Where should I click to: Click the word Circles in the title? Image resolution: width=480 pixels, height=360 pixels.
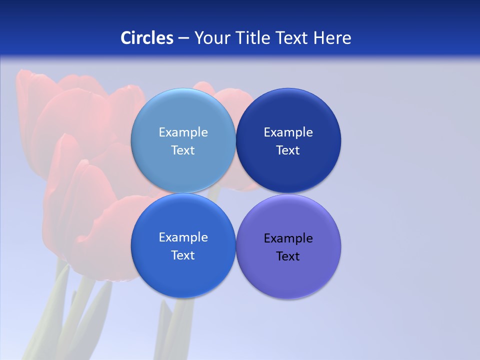pos(147,38)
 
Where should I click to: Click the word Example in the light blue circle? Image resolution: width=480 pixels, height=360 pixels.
pos(183,132)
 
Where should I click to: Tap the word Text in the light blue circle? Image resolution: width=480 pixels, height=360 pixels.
pos(183,150)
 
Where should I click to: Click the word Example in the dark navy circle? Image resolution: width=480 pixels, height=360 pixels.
pos(288,132)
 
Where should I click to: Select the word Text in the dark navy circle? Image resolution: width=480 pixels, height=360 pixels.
pos(288,150)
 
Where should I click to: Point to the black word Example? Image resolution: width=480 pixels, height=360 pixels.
pos(288,238)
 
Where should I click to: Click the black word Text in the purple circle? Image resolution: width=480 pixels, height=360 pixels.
pos(288,256)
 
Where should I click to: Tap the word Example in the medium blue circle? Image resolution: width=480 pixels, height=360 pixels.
pos(183,237)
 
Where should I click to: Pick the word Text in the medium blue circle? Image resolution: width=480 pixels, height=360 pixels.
pos(183,255)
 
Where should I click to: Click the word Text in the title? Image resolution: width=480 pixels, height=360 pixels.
pos(293,38)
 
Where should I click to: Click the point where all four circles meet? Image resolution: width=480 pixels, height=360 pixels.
pos(235,193)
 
